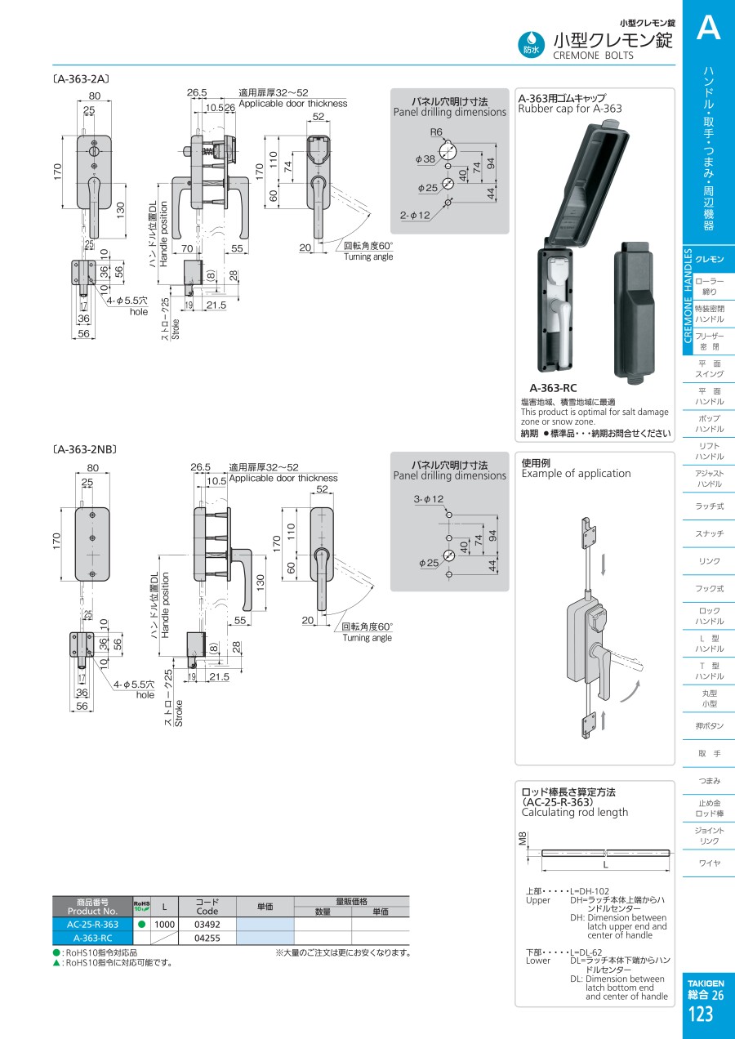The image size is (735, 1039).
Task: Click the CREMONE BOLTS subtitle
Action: click(x=593, y=56)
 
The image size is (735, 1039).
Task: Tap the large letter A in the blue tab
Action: click(x=708, y=29)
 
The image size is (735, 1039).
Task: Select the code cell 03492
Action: click(x=207, y=924)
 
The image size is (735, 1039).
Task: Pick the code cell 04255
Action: click(x=207, y=939)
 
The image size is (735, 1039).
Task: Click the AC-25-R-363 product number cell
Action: click(x=92, y=924)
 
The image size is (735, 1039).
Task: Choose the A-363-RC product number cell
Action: click(x=92, y=939)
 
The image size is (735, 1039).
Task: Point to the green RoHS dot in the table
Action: click(x=141, y=924)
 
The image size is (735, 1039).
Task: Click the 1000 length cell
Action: click(x=164, y=924)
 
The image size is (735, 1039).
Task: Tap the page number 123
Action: click(x=701, y=1014)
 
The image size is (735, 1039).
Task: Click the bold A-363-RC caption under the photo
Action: click(x=553, y=388)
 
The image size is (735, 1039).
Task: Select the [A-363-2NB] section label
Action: click(x=85, y=449)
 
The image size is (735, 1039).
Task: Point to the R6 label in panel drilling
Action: click(x=436, y=132)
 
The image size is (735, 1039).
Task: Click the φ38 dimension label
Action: click(x=425, y=158)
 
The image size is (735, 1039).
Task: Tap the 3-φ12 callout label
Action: click(x=428, y=499)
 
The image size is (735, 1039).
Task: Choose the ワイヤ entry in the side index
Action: click(x=708, y=863)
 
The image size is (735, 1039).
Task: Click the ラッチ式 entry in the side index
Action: click(x=708, y=506)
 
